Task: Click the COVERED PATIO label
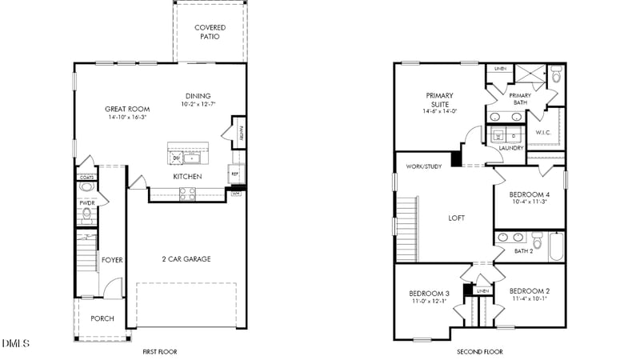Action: pos(210,32)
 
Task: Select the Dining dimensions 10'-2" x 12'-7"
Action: pos(198,104)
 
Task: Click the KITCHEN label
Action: pos(187,177)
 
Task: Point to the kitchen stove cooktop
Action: pos(186,193)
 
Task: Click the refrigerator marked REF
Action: pos(235,174)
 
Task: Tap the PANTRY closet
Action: pos(239,133)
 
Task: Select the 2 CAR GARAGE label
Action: pos(186,259)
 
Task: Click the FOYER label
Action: pos(111,260)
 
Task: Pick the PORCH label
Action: pos(102,318)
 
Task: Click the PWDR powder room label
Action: pos(86,203)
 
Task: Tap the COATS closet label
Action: pos(86,178)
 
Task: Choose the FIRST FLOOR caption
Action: pos(159,352)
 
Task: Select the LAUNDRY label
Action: pos(510,148)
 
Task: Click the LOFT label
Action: pos(456,218)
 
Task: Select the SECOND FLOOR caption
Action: pos(480,352)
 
